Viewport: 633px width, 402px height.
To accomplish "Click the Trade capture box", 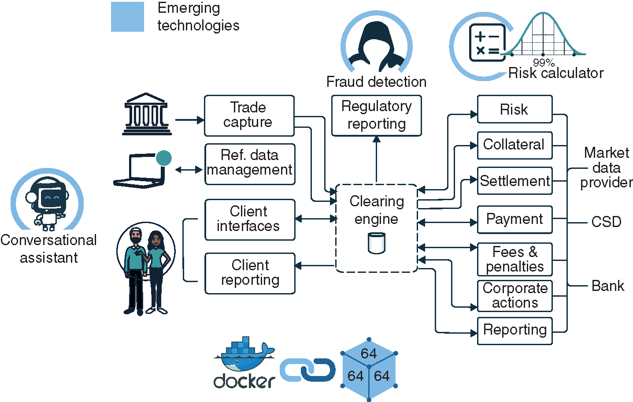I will click(249, 115).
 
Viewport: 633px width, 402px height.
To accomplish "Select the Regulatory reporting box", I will click(376, 115).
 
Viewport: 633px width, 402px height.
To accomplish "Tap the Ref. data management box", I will click(250, 164).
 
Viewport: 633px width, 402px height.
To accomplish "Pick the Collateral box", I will click(515, 145).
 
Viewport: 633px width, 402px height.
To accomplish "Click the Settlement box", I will click(515, 181).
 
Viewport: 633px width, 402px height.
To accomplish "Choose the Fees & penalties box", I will click(515, 259).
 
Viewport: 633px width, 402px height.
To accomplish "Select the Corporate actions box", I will click(515, 296).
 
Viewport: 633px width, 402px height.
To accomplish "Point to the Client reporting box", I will click(250, 273).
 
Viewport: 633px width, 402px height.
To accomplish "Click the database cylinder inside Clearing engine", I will click(376, 243).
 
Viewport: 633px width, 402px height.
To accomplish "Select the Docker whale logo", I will click(244, 355).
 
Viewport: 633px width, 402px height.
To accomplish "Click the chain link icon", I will click(307, 370).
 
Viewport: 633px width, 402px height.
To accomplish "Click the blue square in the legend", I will click(127, 17).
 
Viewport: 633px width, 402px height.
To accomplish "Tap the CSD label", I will click(606, 222).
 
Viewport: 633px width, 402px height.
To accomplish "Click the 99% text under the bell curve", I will click(544, 63).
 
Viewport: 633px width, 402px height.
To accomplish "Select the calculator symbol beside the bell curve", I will click(487, 43).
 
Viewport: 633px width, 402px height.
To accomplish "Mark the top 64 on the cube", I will click(369, 353).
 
